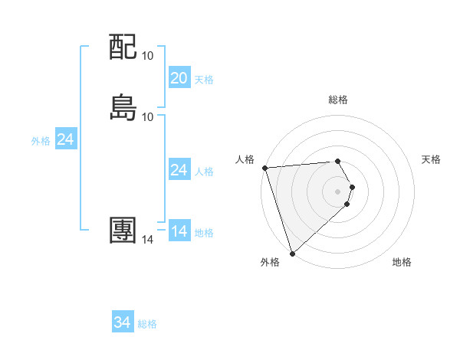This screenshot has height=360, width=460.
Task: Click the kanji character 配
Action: coord(123,47)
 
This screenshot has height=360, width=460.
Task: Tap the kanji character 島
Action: coord(123,108)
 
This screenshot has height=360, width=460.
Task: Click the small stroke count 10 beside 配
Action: coord(147,55)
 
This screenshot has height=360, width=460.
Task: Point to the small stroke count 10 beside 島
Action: coord(147,116)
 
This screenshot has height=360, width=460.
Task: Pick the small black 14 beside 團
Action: coord(147,240)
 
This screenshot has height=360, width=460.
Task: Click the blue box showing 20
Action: coord(179,78)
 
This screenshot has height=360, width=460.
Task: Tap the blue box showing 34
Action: coord(123,323)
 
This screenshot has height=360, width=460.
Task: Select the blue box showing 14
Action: coord(179,231)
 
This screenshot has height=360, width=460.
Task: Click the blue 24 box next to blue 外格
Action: coord(66,139)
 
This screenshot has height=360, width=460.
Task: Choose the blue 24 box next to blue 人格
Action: coord(179,170)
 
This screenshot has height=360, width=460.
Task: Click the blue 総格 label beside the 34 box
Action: coord(147,325)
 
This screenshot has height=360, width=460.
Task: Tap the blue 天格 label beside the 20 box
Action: coord(204,80)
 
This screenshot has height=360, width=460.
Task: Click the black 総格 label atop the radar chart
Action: coord(338,100)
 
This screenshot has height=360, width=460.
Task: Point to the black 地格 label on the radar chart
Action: coord(402,262)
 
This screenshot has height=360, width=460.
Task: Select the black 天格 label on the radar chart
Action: coord(432,159)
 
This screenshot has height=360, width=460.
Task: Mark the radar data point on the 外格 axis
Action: coord(291,253)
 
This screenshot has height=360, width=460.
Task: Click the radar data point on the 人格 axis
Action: coord(264,168)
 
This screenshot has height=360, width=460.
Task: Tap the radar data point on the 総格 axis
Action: coord(337,161)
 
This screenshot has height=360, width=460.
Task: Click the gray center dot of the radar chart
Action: coord(338,191)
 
